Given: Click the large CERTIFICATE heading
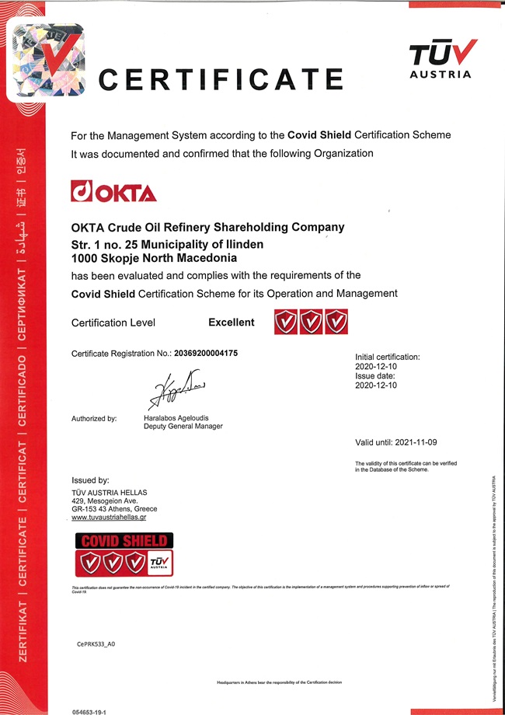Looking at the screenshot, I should tap(221, 78).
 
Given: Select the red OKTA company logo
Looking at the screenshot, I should tap(113, 191).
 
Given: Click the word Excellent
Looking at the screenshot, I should tap(231, 323).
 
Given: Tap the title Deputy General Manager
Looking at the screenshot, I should tap(184, 427).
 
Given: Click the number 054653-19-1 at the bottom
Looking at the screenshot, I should tap(89, 710).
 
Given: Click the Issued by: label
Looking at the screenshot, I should tap(90, 480).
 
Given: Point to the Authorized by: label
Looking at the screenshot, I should tap(94, 419).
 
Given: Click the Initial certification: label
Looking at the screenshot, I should tap(387, 357).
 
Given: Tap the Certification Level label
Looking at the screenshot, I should tap(113, 323).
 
